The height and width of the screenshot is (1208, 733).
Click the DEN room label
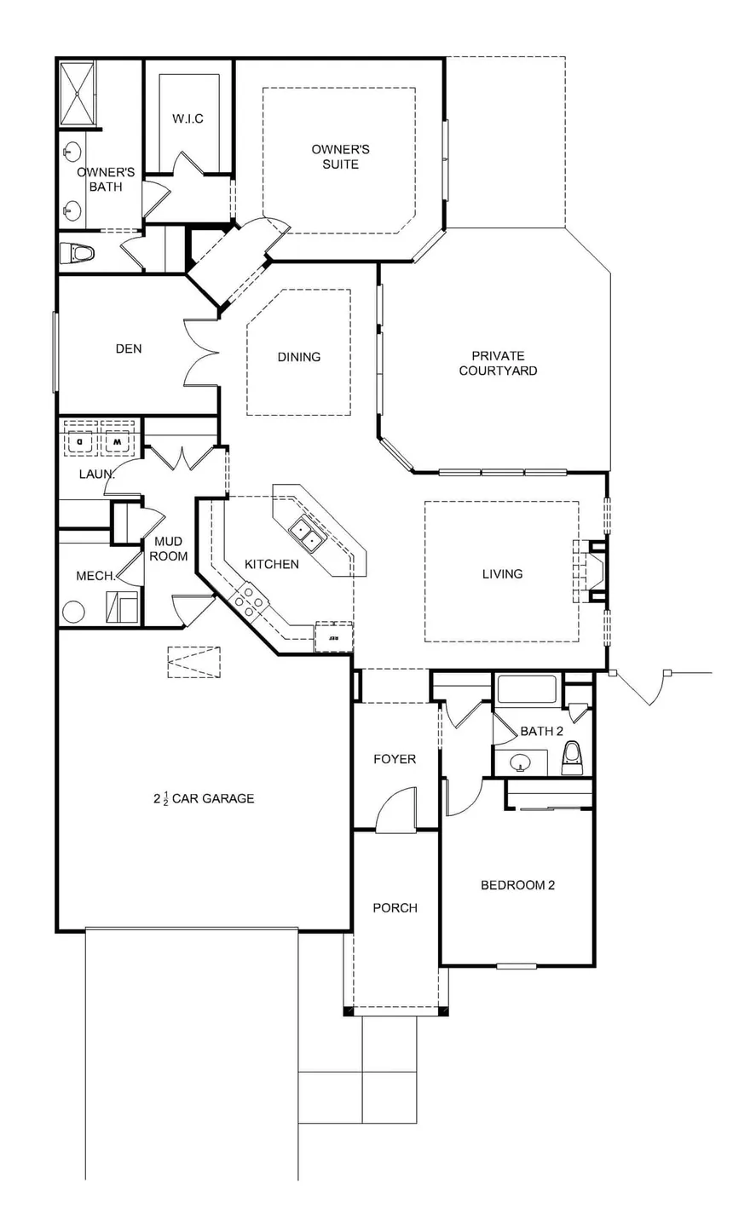coord(129,349)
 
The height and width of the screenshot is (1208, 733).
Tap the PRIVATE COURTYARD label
coord(498,364)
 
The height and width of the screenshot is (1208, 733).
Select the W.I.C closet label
coord(188,118)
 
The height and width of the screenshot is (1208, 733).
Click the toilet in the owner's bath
coord(77,252)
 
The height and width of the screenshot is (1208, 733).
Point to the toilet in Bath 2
coord(571,757)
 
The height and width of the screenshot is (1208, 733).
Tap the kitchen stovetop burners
coord(248,601)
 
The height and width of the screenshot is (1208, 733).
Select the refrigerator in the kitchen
coord(334,637)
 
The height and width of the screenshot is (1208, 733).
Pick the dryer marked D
coord(80,439)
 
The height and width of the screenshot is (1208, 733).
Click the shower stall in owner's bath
coord(77,94)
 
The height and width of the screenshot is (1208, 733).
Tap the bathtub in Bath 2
coord(527,690)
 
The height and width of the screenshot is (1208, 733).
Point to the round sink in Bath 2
coord(520,762)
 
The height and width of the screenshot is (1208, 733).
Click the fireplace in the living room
coord(591,571)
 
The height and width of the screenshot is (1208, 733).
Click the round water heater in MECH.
coord(73,612)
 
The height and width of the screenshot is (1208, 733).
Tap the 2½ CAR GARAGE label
coord(204,798)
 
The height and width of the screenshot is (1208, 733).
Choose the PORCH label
coord(395,907)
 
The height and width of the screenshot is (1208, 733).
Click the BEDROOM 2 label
coord(517,885)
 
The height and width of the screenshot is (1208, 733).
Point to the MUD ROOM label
coord(168,549)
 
